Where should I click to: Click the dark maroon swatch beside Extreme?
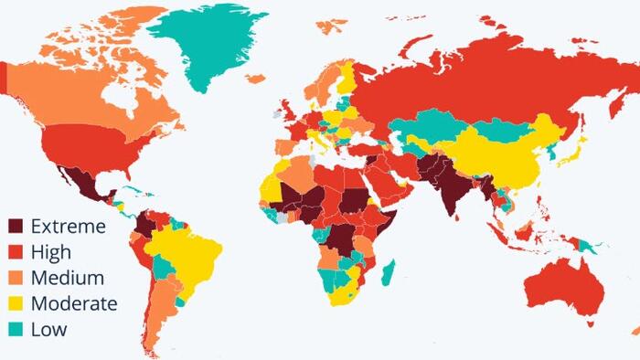16,226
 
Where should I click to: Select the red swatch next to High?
16,251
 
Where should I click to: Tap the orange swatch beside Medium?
16,277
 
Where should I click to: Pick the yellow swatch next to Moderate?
16,303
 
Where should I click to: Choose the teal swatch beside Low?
16,329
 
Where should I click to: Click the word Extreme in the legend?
68,226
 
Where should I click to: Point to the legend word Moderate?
73,303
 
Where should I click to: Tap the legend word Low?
48,329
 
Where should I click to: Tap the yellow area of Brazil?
187,256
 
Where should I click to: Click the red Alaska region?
5,78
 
